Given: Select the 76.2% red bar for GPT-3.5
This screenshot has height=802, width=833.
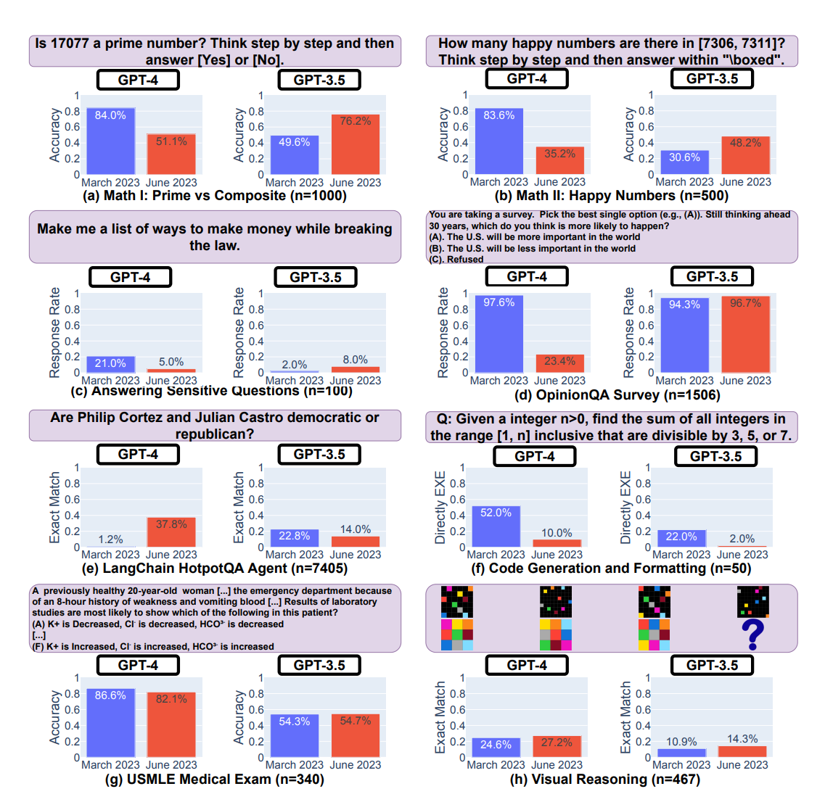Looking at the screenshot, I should point(356,144).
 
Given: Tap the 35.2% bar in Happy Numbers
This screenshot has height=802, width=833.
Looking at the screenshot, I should point(559,160).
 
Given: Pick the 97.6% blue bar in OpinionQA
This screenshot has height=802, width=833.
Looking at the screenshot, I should point(498,334).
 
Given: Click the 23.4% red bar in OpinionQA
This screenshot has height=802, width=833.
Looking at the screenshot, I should point(559,363).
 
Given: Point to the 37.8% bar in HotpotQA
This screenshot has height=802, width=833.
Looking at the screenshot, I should point(171,532).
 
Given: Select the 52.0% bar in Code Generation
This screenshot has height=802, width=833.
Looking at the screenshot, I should point(496,526).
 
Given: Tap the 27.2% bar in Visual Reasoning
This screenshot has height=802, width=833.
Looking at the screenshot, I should point(557,746).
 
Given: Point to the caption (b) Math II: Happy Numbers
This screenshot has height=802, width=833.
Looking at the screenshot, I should point(611,196).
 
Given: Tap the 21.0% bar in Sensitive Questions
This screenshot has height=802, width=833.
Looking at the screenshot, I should point(110,364).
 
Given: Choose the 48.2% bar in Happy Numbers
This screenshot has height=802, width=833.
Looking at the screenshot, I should point(745,155).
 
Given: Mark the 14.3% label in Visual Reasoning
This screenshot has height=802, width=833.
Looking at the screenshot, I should point(742,739).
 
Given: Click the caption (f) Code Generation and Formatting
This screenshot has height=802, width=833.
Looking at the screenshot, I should point(611,569).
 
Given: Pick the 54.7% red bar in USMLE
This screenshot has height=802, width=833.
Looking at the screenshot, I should point(356,735).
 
